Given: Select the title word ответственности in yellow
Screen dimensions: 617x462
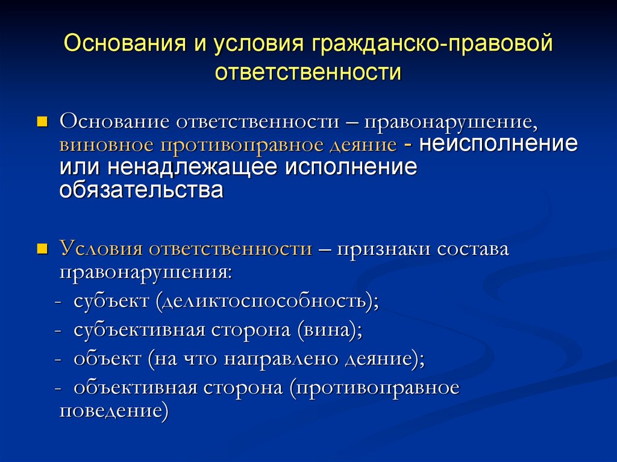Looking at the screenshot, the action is click(x=308, y=72).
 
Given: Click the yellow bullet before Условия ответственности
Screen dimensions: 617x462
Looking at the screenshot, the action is click(x=42, y=249).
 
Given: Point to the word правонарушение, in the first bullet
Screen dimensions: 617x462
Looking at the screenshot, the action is click(x=451, y=123).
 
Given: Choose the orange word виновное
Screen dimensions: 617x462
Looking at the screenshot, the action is click(x=106, y=145).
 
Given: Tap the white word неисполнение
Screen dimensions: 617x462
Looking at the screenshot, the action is click(x=498, y=143).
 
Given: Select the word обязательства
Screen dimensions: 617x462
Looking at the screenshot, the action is click(x=141, y=190).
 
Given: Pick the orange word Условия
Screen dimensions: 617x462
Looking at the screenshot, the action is click(x=101, y=249).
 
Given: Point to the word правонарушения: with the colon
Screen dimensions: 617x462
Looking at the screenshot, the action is click(x=146, y=272).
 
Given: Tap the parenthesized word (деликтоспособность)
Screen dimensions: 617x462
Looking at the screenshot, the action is click(x=267, y=301).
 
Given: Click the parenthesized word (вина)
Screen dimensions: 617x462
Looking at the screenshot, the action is click(x=330, y=329).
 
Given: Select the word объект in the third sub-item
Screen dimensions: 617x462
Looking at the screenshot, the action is click(x=107, y=359).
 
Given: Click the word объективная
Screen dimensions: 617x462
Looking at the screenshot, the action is click(x=136, y=388).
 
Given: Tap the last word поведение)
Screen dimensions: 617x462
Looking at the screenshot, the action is click(x=114, y=411).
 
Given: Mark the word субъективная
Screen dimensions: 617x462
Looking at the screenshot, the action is click(x=139, y=330).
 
